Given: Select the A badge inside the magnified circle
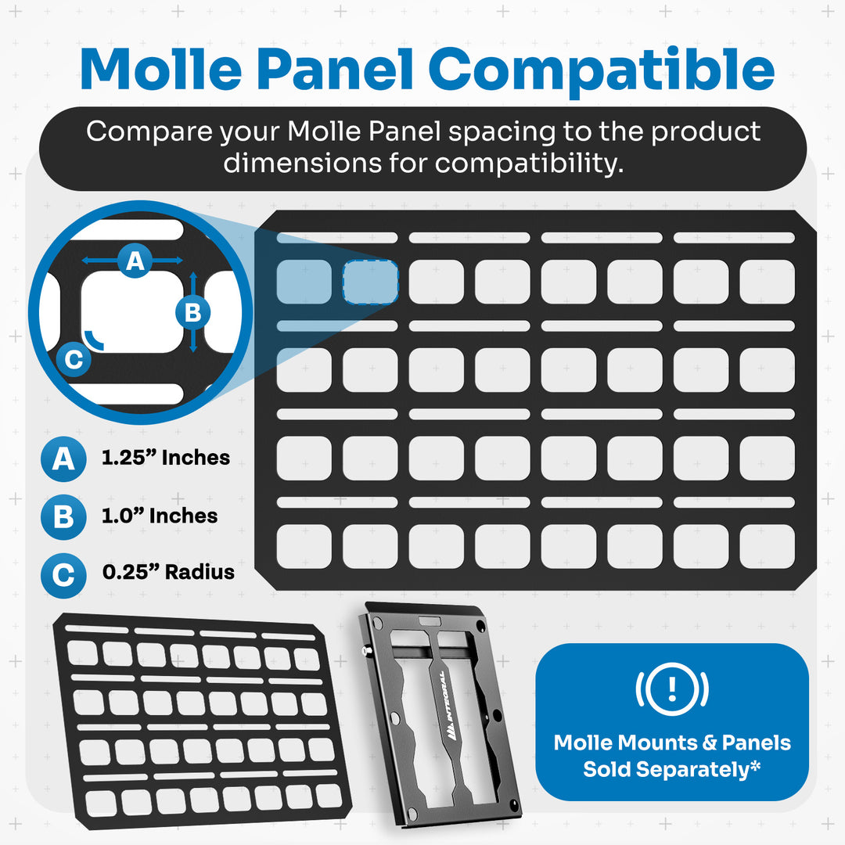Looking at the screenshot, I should click(135, 260).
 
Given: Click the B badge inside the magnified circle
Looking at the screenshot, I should click(192, 313).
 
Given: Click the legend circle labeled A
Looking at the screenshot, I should click(63, 458).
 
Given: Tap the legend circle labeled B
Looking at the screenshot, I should click(63, 517).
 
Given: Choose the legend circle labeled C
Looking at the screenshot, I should click(63, 576).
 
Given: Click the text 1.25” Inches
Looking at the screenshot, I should click(166, 458).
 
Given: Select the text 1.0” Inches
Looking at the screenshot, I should click(160, 516).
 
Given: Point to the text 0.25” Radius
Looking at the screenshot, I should click(168, 572).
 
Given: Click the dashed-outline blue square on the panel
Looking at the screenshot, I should click(370, 282).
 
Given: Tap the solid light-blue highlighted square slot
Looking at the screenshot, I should click(304, 282).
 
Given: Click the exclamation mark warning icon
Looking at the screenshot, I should click(671, 688).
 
